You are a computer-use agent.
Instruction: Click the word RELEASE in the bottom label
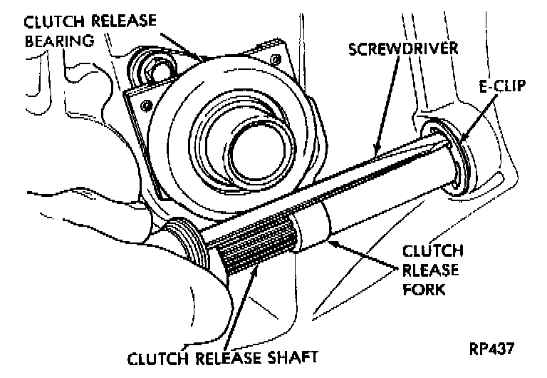233,359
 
